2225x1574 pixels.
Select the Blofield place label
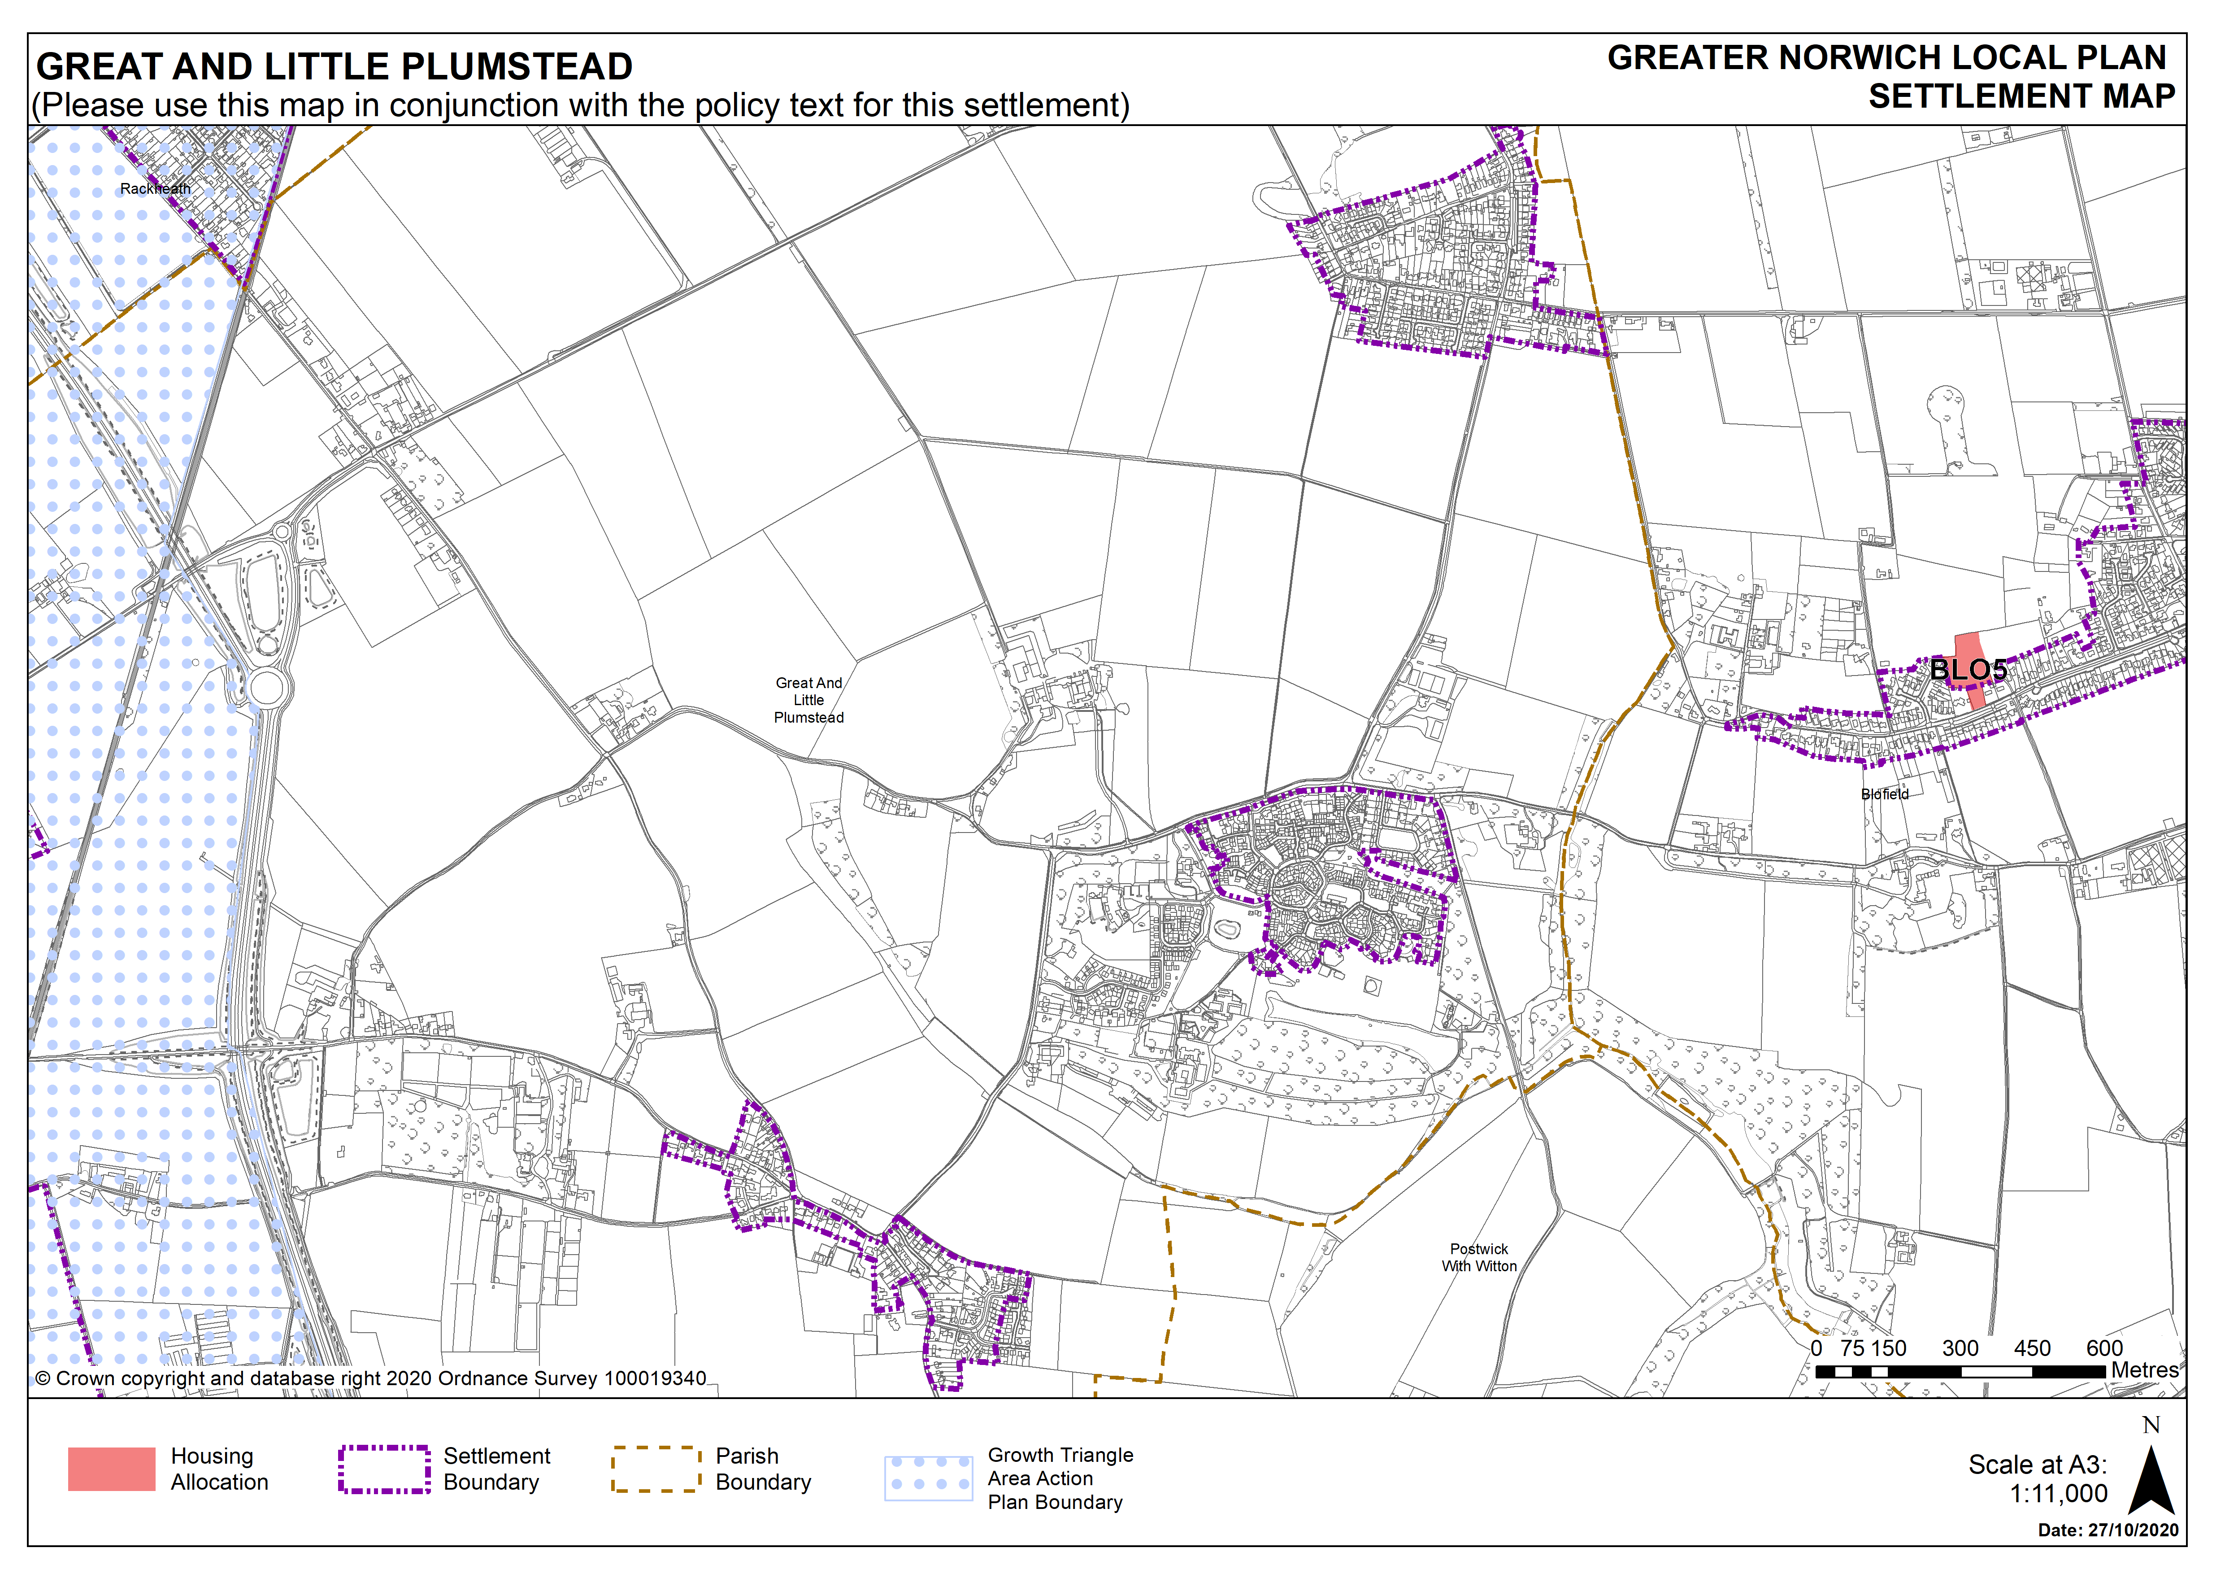click(x=1885, y=794)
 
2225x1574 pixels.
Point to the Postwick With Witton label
click(x=1479, y=1257)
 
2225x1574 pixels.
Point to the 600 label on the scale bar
click(x=2104, y=1348)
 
